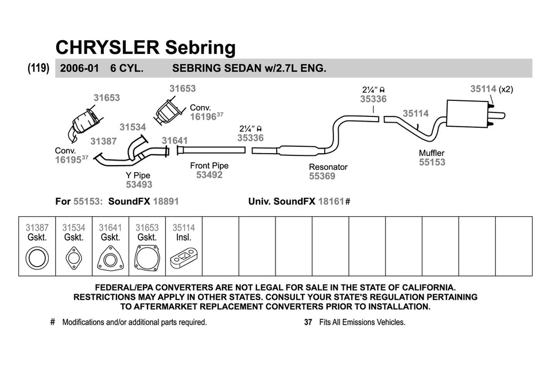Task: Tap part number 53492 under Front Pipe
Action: pos(209,175)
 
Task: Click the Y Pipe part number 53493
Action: pos(139,185)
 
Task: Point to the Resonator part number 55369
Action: pos(322,177)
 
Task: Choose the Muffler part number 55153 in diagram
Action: pos(432,162)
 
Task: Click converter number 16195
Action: pos(68,160)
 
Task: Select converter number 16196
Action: pos(203,116)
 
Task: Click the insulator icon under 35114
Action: pos(184,259)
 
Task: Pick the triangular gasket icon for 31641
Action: pos(110,258)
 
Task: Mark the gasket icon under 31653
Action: pos(147,257)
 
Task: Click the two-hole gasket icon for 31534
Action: pos(73,257)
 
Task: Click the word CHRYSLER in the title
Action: pos(107,47)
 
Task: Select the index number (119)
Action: pos(38,68)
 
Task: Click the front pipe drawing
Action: pos(211,150)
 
